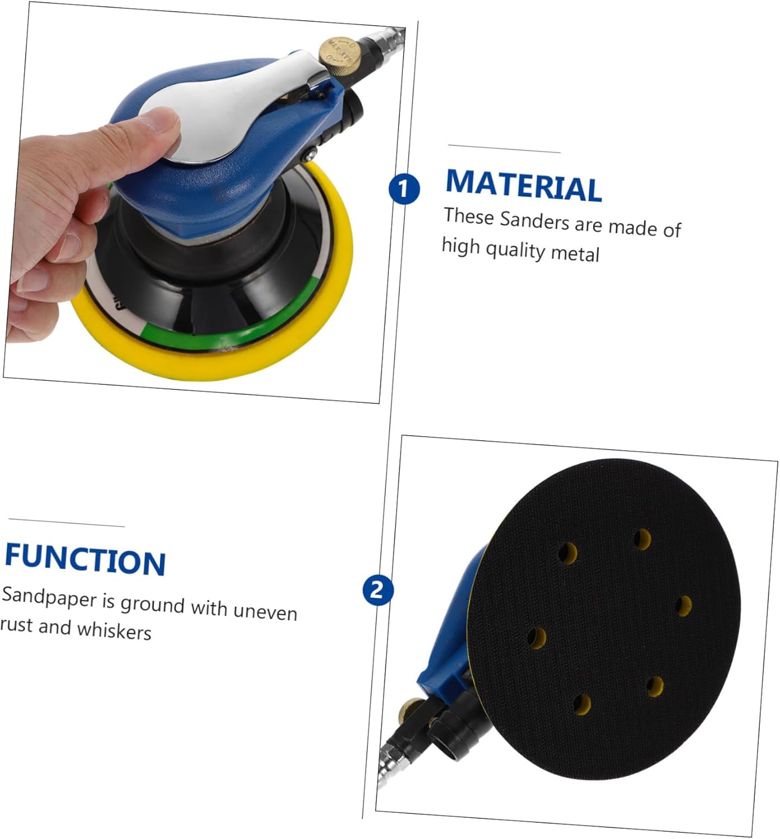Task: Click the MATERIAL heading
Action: [523, 185]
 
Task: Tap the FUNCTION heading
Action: [85, 560]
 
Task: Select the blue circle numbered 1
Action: [404, 189]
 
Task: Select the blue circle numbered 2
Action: [378, 590]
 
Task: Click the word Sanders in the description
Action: [534, 220]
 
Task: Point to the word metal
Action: [575, 253]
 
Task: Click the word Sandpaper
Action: [49, 597]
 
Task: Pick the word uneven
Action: [265, 611]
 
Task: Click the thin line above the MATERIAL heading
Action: [504, 149]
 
